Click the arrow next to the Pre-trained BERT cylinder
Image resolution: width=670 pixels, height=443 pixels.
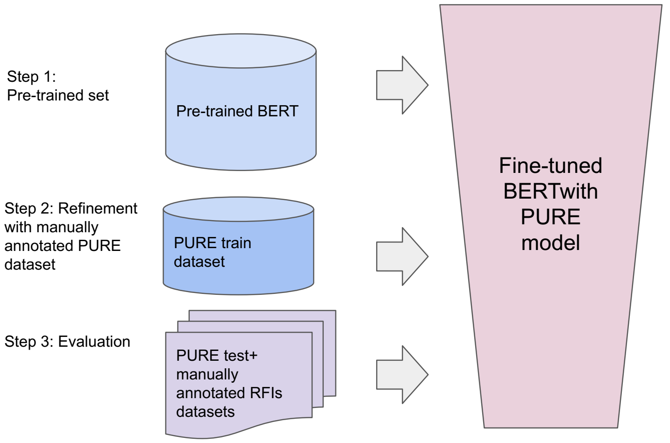[x=402, y=85]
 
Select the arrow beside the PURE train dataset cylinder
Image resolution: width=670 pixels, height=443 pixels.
[x=402, y=257]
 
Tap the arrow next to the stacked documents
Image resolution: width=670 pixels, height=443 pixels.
[x=402, y=375]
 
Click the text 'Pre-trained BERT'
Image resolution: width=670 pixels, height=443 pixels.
[x=237, y=111]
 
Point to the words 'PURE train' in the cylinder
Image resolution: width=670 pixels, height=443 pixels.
[x=213, y=243]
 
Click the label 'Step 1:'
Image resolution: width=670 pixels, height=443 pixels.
[x=31, y=77]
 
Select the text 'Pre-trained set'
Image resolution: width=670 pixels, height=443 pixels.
[x=58, y=95]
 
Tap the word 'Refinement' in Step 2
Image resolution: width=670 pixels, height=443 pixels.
[x=98, y=208]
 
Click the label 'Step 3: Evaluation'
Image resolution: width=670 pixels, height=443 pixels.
[x=67, y=342]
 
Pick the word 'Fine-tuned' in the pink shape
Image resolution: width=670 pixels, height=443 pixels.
[x=550, y=166]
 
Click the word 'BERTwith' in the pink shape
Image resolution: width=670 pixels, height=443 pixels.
[x=550, y=191]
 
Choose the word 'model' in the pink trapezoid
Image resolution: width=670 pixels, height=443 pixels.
[x=550, y=243]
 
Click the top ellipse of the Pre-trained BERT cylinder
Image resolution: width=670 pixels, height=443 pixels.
[x=241, y=51]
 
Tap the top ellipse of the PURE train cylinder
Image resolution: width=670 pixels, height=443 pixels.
[x=238, y=209]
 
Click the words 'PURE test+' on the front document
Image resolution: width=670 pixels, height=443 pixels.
[x=216, y=356]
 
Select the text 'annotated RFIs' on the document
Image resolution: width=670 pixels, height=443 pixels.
[x=229, y=393]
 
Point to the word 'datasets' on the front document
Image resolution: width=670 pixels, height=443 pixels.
[x=206, y=412]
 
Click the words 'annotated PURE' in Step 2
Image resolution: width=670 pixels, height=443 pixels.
[x=63, y=246]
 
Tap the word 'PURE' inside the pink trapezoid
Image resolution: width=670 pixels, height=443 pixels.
[x=550, y=217]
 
